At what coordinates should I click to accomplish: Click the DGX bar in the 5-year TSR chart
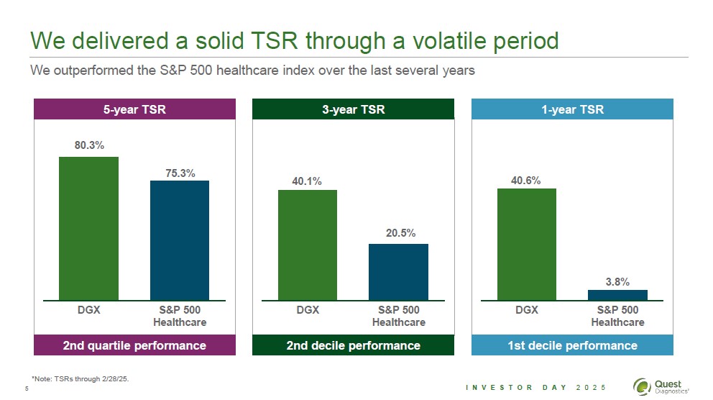[88, 228]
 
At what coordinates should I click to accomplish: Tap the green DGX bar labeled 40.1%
[307, 245]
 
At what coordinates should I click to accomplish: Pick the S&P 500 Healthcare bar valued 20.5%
[398, 271]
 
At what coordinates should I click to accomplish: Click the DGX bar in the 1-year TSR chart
[526, 244]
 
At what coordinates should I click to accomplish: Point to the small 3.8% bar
[617, 295]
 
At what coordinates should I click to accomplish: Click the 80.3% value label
[89, 145]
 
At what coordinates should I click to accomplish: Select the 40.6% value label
[526, 180]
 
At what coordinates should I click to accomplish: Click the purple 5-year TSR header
[135, 109]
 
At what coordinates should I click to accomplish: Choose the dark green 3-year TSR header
[353, 109]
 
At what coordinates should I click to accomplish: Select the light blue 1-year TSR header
[572, 109]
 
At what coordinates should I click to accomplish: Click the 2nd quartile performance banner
[135, 345]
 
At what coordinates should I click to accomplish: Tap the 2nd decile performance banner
[353, 345]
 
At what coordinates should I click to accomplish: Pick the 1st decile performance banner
[572, 345]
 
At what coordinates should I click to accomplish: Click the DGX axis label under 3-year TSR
[308, 310]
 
